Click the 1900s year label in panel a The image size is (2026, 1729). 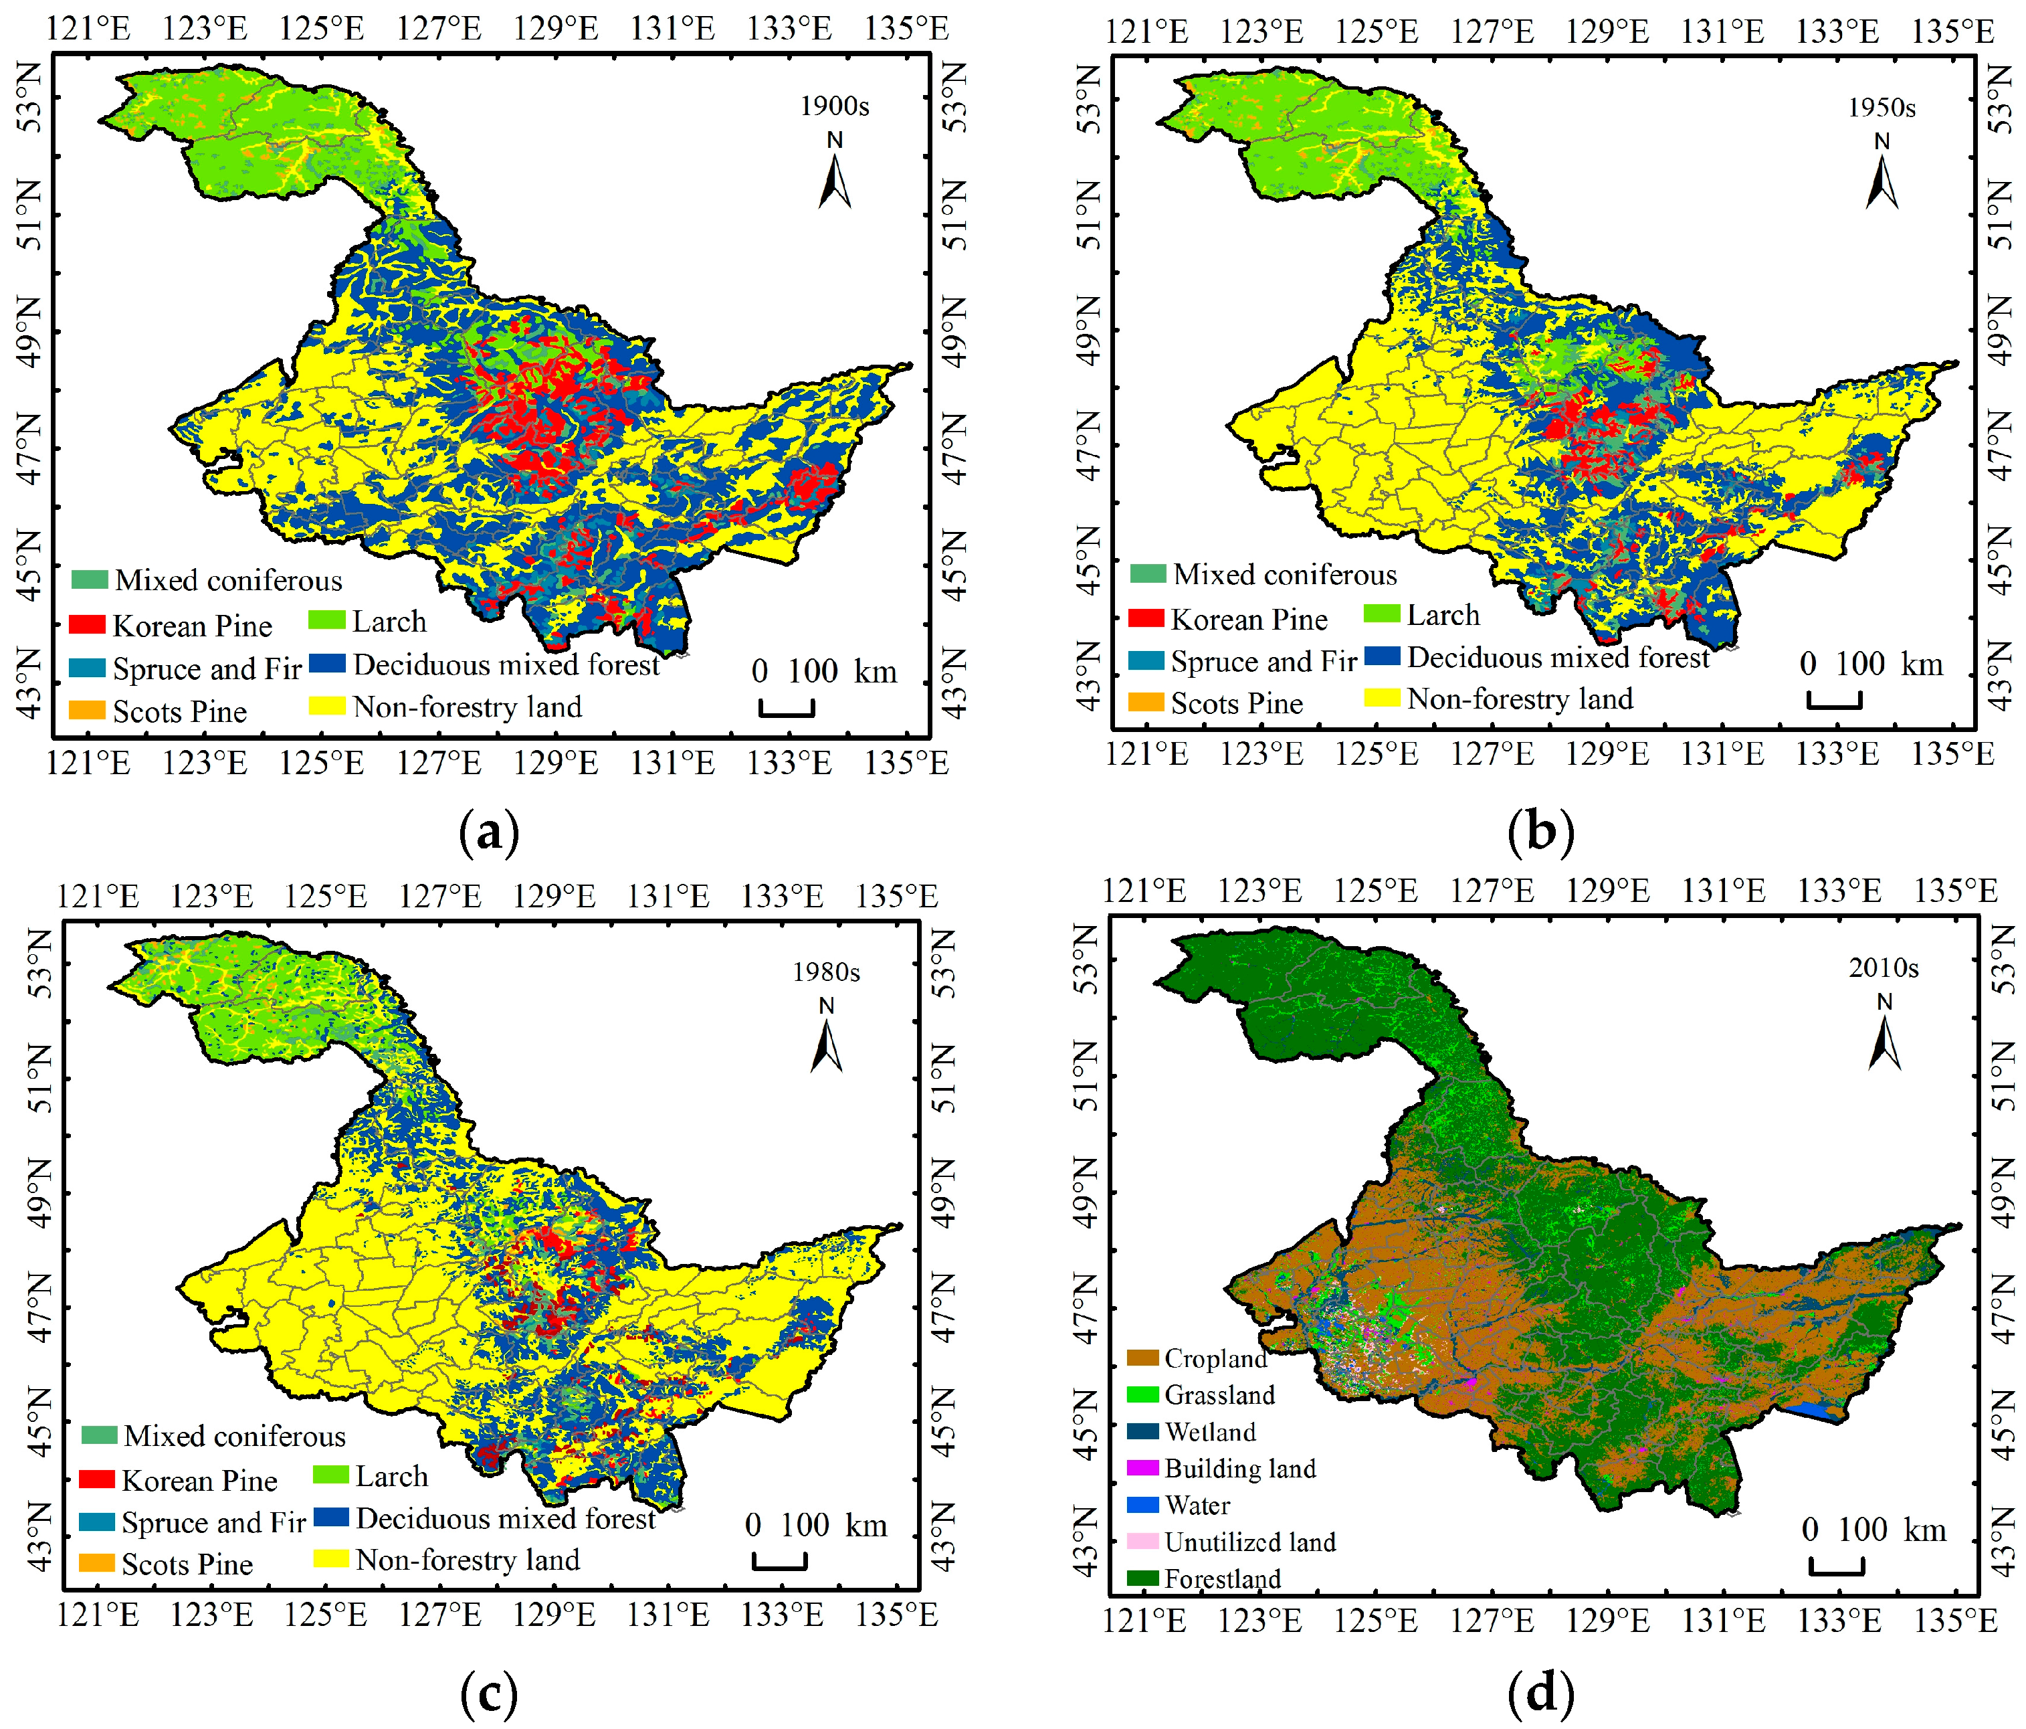coord(834,106)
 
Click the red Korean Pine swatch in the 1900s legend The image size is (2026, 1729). coord(87,624)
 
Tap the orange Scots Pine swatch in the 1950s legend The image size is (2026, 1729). coord(1146,702)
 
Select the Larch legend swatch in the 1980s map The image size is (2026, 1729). coord(330,1474)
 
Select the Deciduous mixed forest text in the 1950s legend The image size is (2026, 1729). coord(1558,657)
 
